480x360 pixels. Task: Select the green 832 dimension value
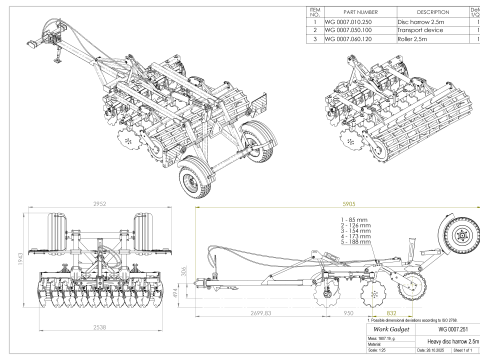(x=392, y=312)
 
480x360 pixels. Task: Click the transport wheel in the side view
(x=459, y=239)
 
